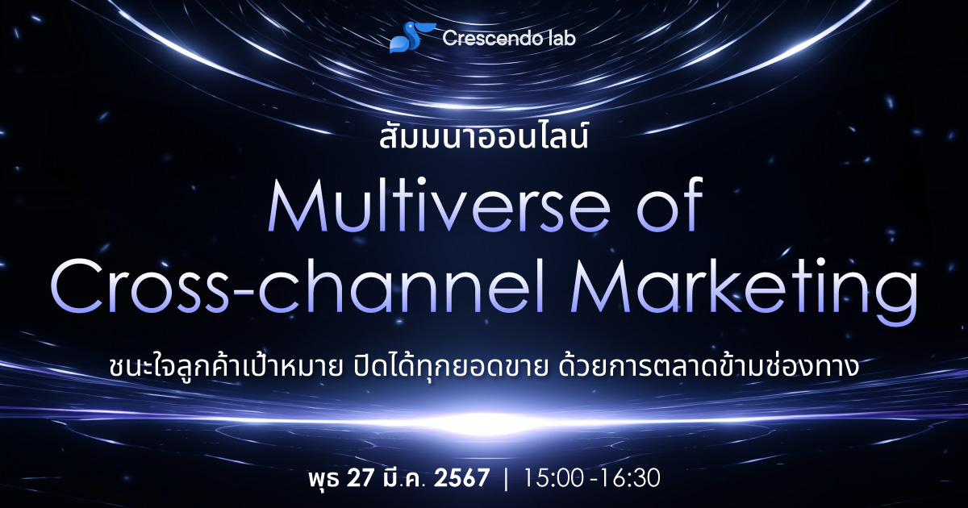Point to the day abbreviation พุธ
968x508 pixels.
click(x=323, y=477)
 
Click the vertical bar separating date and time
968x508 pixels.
click(x=506, y=477)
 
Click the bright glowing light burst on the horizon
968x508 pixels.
click(x=484, y=422)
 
